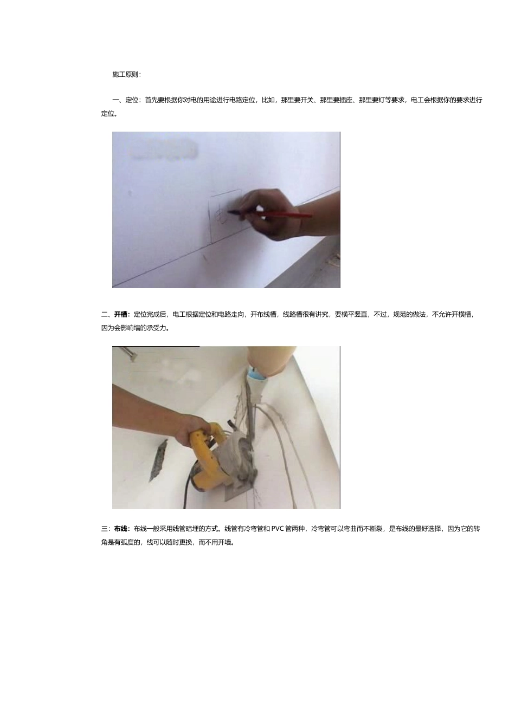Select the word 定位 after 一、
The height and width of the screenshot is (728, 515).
click(132, 100)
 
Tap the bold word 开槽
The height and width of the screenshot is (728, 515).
click(121, 315)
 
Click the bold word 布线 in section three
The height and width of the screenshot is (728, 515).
click(121, 529)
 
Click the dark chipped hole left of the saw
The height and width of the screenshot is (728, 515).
click(159, 460)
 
